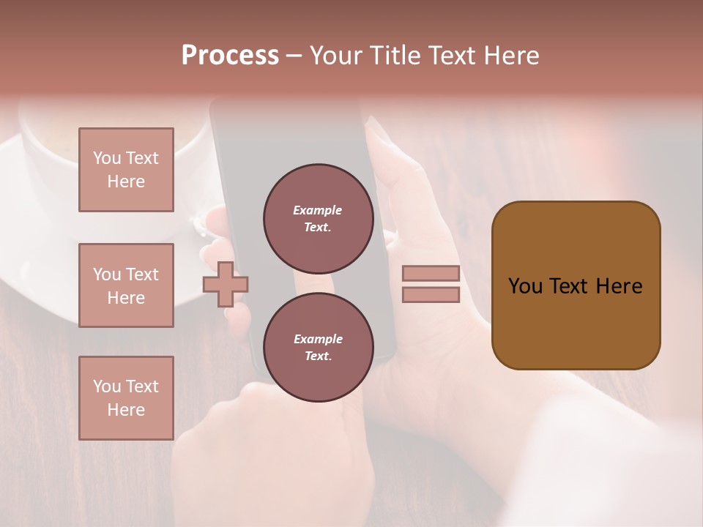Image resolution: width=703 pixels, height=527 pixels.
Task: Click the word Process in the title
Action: pos(230,56)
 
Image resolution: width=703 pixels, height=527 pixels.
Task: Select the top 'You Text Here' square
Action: pos(126,170)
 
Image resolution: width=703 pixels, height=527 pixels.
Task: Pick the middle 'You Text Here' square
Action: pos(126,285)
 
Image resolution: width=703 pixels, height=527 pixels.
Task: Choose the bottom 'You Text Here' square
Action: pos(126,398)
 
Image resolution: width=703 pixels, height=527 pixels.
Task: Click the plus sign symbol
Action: pos(226,284)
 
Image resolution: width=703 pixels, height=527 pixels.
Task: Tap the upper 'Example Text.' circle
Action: pos(318,219)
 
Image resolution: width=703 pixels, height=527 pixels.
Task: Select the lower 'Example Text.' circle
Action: pos(318,348)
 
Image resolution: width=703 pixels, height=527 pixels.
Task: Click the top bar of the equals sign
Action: pos(431,274)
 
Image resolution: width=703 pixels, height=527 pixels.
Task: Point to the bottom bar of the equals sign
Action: pos(431,295)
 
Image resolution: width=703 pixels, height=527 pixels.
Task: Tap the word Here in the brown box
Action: pos(619,286)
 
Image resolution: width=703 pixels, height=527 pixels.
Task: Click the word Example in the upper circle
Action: pos(318,210)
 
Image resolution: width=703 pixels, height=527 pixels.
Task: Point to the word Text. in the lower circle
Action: pos(318,356)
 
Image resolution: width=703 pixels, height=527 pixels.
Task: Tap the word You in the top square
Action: pos(107,158)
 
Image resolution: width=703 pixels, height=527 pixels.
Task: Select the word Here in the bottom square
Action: pos(126,410)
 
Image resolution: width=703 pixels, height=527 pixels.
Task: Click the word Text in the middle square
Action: pos(142,274)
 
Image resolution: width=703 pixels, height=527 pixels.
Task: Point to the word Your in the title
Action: pos(335,56)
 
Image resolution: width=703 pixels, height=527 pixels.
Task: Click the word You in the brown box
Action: pos(525,286)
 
